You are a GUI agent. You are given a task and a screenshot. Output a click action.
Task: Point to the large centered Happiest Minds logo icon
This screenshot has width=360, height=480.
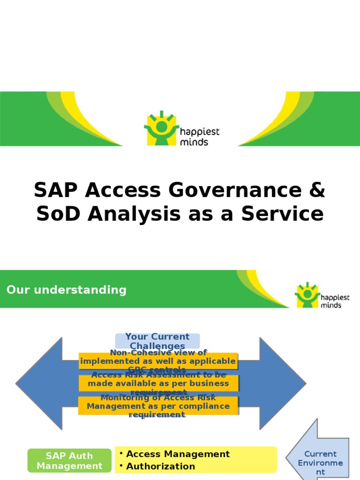coord(161,128)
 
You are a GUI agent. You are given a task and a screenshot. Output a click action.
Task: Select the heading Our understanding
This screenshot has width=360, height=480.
coord(67,290)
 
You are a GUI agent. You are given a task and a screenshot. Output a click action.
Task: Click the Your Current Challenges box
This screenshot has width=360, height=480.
coord(157,341)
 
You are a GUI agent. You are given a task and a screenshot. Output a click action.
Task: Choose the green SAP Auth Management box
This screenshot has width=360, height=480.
coord(69,460)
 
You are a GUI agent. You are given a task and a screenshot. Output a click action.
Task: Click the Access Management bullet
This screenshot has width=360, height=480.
coord(178,454)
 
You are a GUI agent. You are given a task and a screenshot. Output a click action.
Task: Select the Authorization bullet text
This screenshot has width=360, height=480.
coord(160,466)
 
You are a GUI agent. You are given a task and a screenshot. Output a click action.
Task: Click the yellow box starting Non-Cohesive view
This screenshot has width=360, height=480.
coord(158,361)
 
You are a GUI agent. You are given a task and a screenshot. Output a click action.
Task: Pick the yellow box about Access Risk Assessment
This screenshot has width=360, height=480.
coord(158,383)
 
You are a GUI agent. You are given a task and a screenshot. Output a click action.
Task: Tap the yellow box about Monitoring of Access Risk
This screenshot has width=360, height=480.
coord(158,405)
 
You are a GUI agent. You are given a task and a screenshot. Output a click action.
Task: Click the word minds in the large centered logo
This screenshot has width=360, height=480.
coord(194,142)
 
